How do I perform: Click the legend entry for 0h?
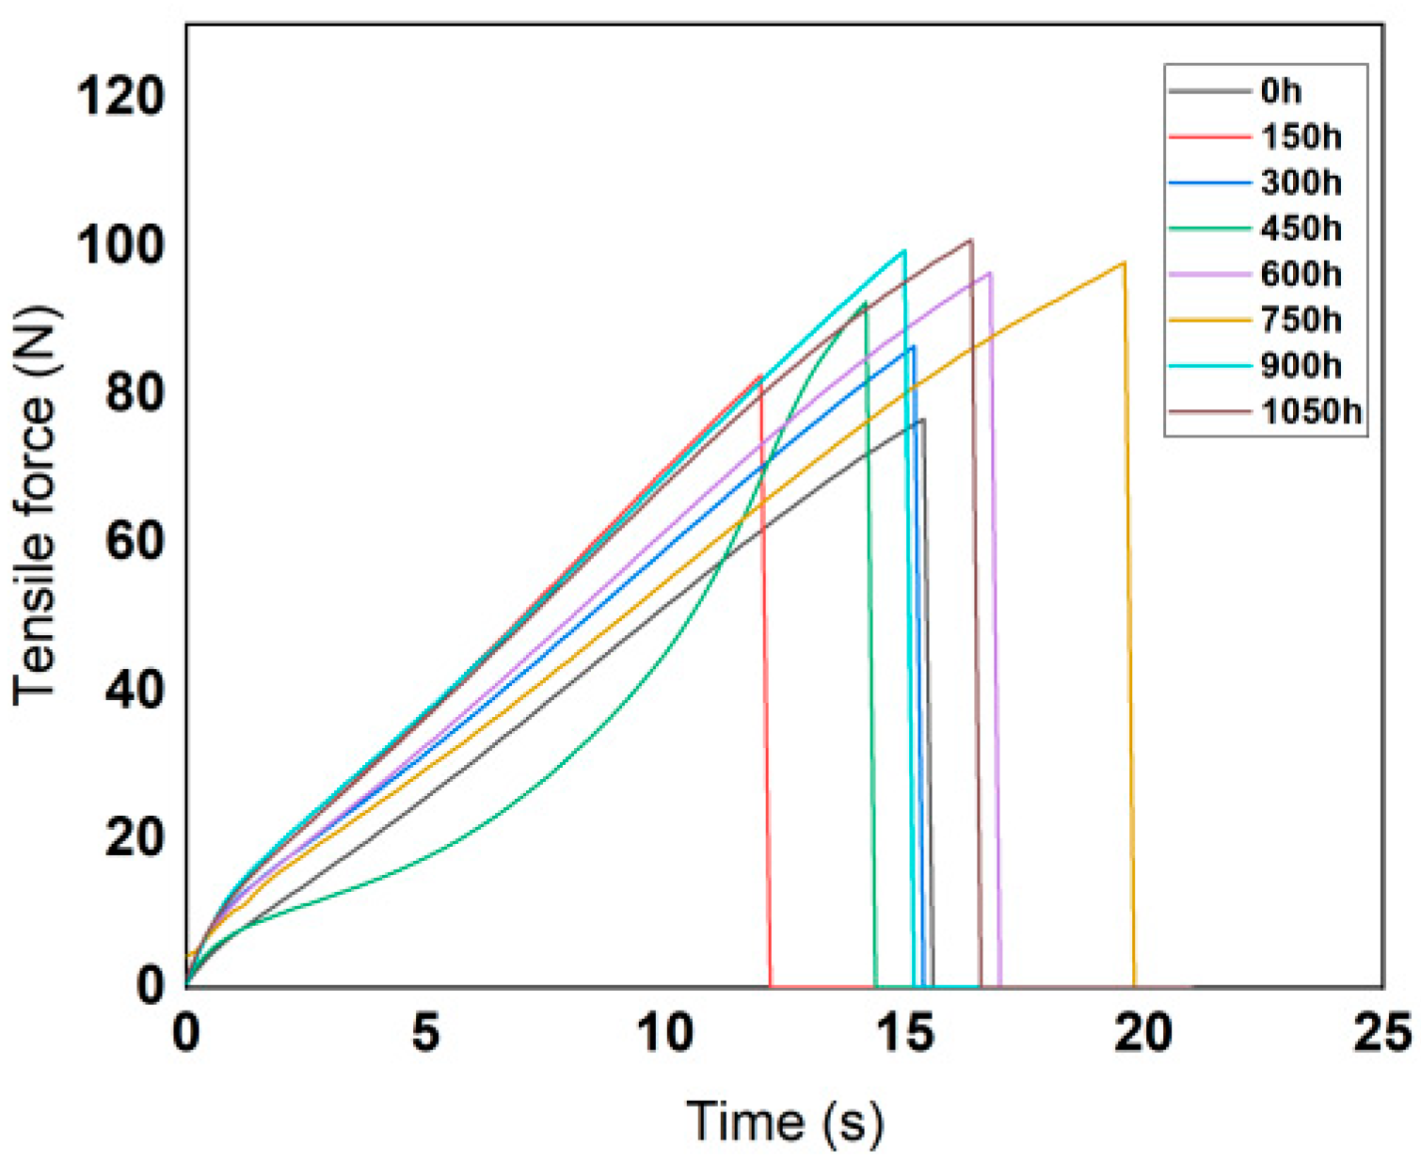coord(1280,91)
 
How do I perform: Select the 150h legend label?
coord(1301,137)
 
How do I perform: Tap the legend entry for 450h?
coord(1301,229)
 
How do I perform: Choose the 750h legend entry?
coord(1301,320)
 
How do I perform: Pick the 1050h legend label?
coord(1311,411)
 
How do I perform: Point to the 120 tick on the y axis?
coord(120,96)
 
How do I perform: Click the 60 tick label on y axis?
coord(134,541)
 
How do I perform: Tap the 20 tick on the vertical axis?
coord(134,836)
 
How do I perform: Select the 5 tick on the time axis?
coord(425,1033)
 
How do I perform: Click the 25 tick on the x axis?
coord(1381,1033)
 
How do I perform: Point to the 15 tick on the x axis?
coord(904,1033)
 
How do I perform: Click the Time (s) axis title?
coord(785,1121)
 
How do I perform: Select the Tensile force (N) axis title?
coord(36,505)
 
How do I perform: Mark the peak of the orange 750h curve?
coord(1124,263)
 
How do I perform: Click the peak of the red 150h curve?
coord(760,375)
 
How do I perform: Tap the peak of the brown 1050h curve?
coord(970,240)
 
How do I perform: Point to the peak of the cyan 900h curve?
coord(903,250)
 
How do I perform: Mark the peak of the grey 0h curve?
coord(922,420)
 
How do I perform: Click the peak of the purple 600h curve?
coord(989,273)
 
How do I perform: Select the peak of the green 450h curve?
coord(864,303)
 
